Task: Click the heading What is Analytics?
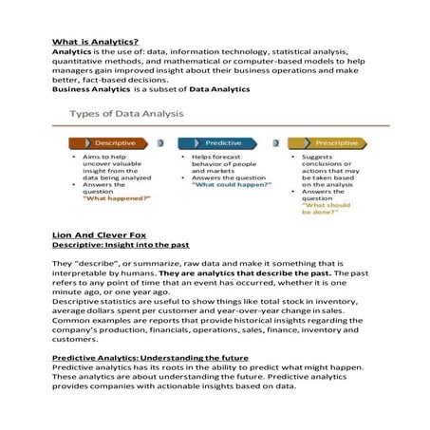pyautogui.click(x=95, y=42)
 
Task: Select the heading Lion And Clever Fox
pyautogui.click(x=98, y=232)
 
